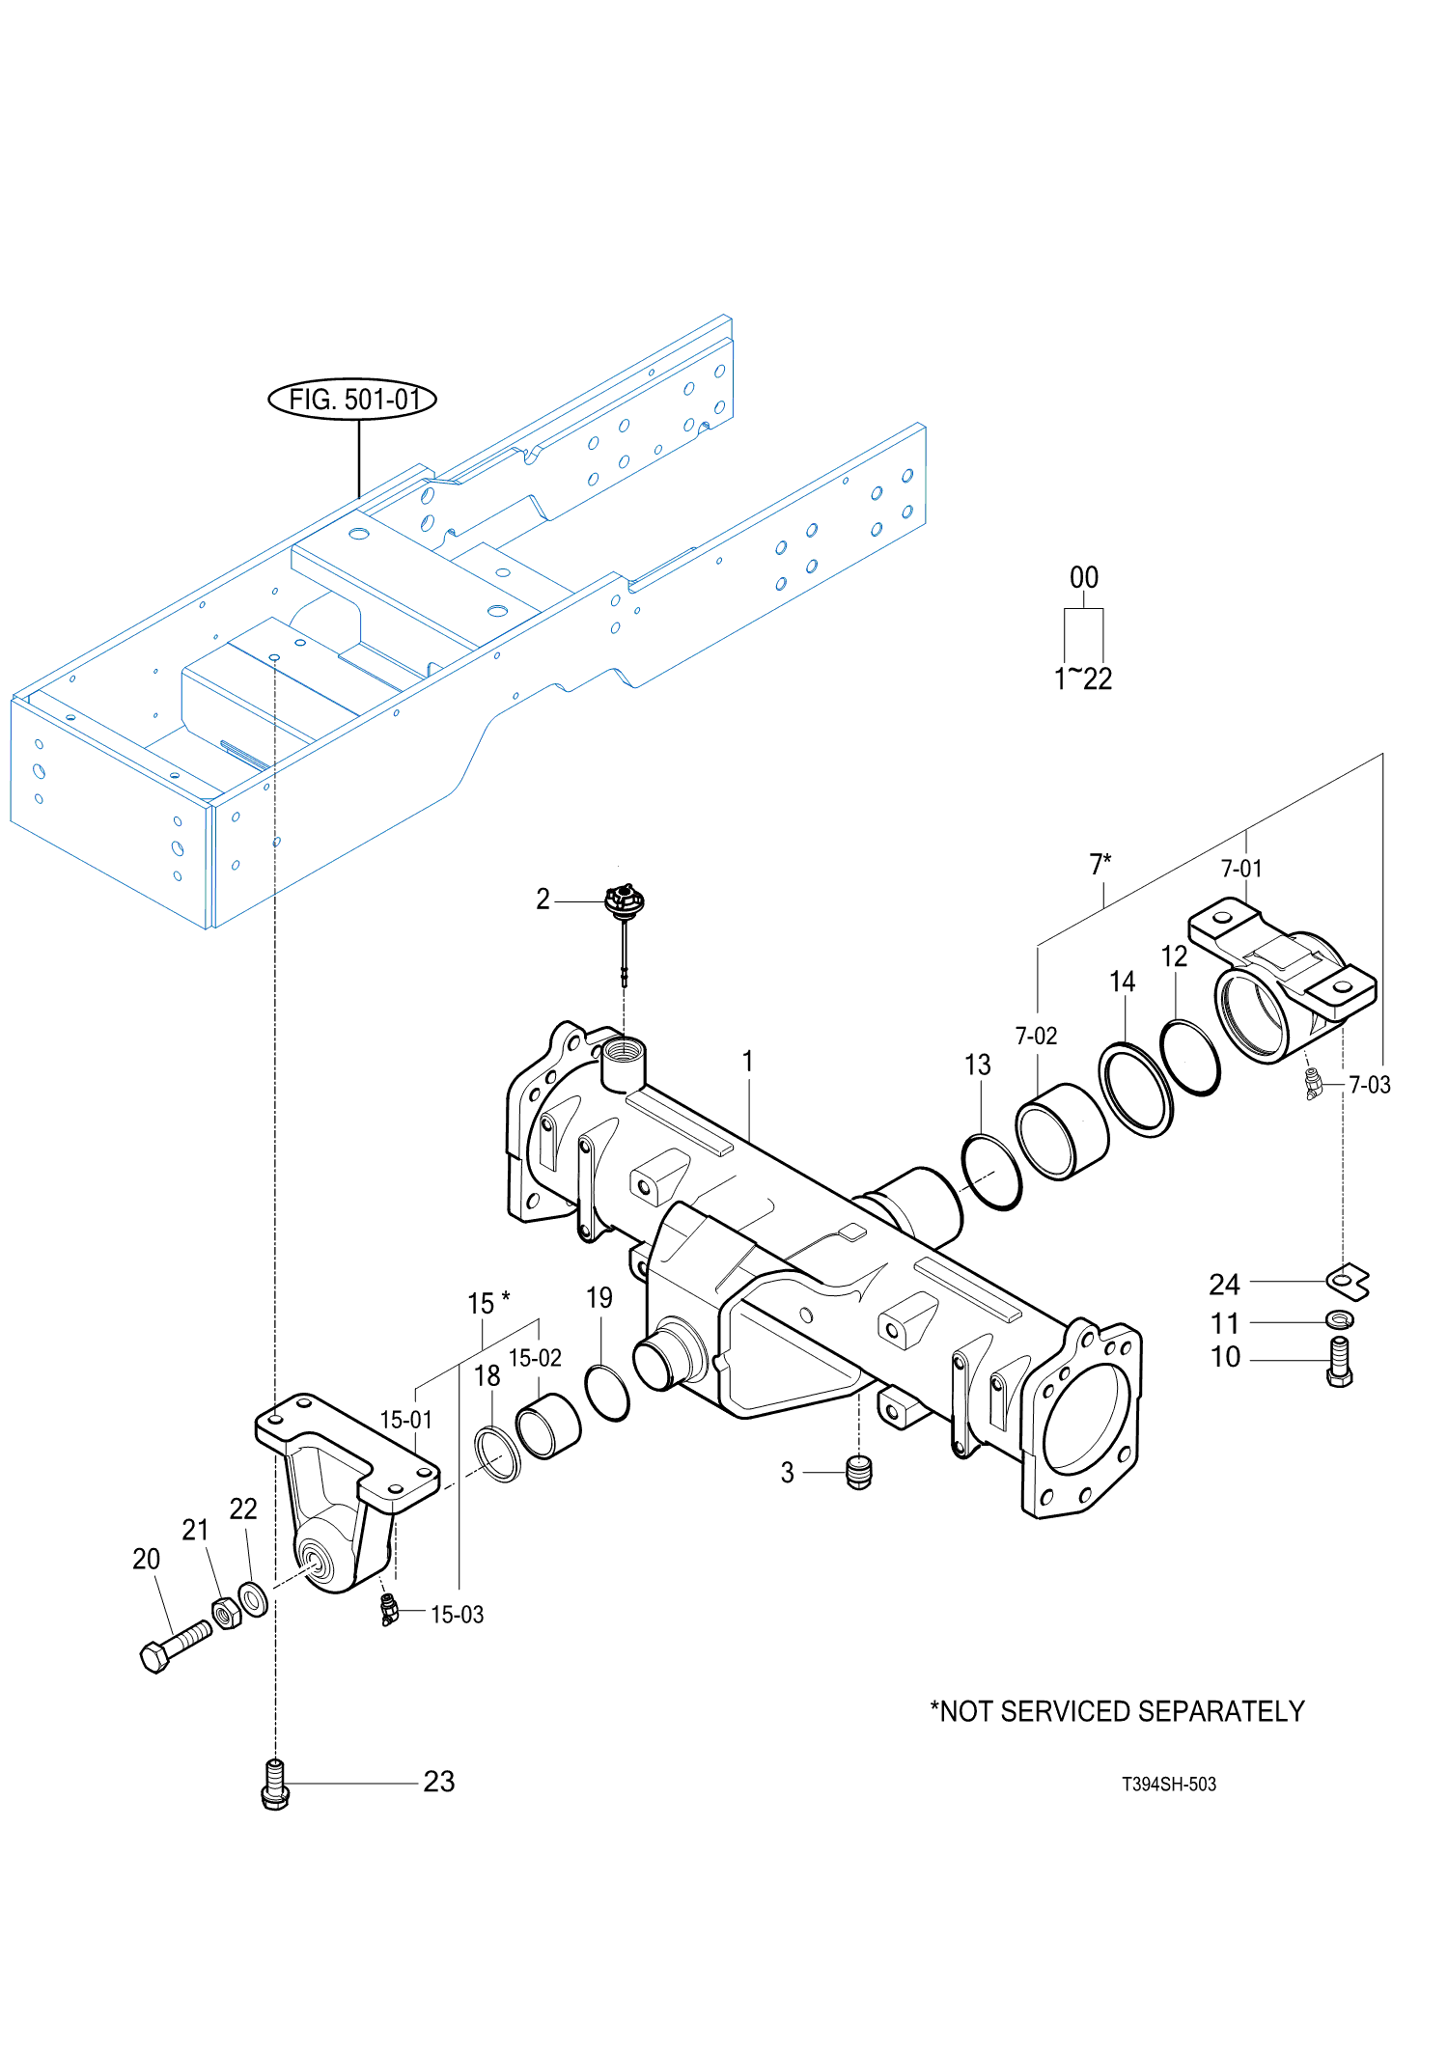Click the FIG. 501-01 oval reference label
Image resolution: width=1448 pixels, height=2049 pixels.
pyautogui.click(x=351, y=399)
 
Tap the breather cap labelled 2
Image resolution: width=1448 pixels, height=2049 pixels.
pyautogui.click(x=625, y=902)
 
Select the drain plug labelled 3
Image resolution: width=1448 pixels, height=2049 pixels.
pyautogui.click(x=858, y=1472)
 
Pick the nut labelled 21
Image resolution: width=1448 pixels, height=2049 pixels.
pyautogui.click(x=226, y=1613)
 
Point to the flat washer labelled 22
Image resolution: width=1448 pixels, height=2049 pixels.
pyautogui.click(x=253, y=1598)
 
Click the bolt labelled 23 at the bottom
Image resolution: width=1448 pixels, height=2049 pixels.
pyautogui.click(x=275, y=1784)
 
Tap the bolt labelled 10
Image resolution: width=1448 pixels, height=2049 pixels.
pyautogui.click(x=1340, y=1362)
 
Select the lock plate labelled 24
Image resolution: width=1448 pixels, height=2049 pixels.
pyautogui.click(x=1348, y=1281)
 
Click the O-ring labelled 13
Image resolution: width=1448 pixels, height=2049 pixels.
pyautogui.click(x=991, y=1172)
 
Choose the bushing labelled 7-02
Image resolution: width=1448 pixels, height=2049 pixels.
pyautogui.click(x=1062, y=1131)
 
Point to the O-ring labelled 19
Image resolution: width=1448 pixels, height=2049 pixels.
pyautogui.click(x=607, y=1393)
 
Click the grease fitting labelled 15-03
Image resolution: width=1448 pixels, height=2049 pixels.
pyautogui.click(x=388, y=1610)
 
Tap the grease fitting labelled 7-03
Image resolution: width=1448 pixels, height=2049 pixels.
pyautogui.click(x=1313, y=1084)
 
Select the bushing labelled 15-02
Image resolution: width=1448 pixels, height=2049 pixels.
pyautogui.click(x=548, y=1426)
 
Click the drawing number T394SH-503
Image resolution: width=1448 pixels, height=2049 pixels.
pyautogui.click(x=1168, y=1784)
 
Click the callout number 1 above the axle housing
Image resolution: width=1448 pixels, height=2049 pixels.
pyautogui.click(x=747, y=1061)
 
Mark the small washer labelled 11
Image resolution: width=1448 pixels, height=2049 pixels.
pyautogui.click(x=1340, y=1319)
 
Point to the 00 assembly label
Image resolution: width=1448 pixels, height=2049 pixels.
pyautogui.click(x=1084, y=577)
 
